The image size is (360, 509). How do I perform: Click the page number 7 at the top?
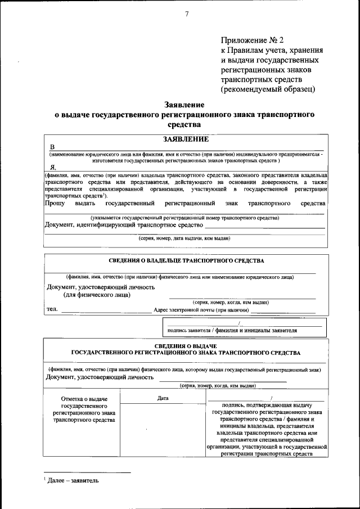point(186,14)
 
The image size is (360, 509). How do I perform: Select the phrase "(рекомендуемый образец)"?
point(268,89)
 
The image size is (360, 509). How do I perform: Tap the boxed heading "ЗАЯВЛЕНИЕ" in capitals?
point(185,139)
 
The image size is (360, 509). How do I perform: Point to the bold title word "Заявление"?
point(184,105)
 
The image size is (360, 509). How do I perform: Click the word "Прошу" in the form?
point(55,202)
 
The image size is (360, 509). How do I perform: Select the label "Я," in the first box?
point(53,168)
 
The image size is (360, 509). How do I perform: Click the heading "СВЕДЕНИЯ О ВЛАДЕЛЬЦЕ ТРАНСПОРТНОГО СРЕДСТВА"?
point(186,261)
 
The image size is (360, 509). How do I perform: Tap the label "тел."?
point(52,309)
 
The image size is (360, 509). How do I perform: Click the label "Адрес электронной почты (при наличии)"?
point(201,310)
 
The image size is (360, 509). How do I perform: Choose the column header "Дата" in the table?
point(163,398)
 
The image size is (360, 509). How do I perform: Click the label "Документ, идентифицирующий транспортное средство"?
point(123,225)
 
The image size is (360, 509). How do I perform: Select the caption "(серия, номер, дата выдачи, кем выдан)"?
point(184,238)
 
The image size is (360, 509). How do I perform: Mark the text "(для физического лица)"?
point(96,294)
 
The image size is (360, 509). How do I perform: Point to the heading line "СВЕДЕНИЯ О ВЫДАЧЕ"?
point(186,345)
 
